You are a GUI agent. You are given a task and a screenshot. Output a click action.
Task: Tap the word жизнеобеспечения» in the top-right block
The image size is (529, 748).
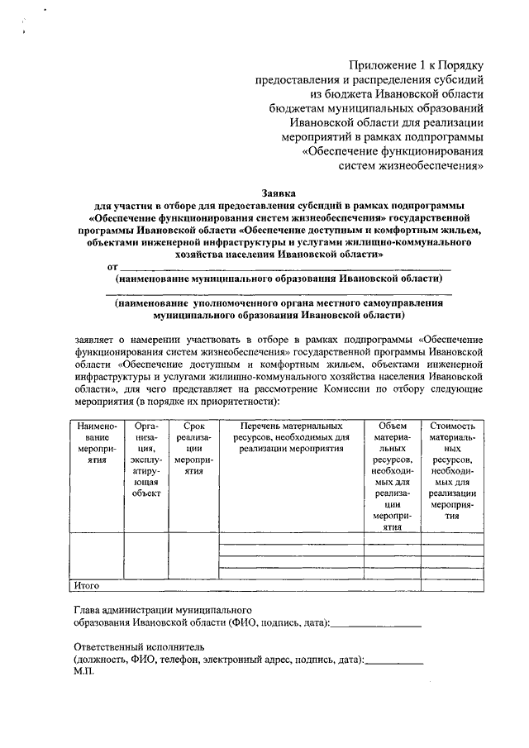pos(436,164)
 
